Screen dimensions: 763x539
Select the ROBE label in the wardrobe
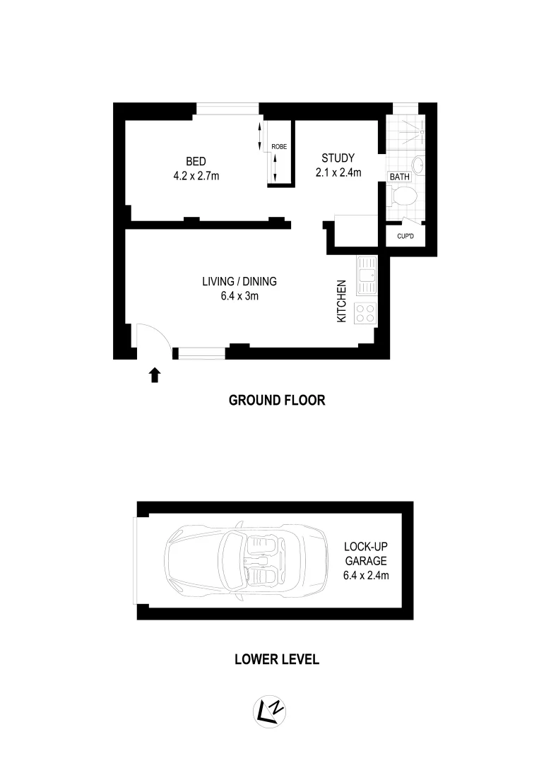coord(278,147)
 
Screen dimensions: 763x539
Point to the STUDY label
coord(338,158)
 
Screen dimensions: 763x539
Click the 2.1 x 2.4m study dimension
coord(338,172)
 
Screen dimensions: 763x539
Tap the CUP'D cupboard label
coord(405,237)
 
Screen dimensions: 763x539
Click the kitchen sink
coord(367,276)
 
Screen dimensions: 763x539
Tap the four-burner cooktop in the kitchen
coord(367,312)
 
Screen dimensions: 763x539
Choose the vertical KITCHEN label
coord(341,302)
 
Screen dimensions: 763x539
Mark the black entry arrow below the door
coord(155,375)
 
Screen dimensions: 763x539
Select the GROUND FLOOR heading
coord(277,401)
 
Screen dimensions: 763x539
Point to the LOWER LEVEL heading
coord(276,660)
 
